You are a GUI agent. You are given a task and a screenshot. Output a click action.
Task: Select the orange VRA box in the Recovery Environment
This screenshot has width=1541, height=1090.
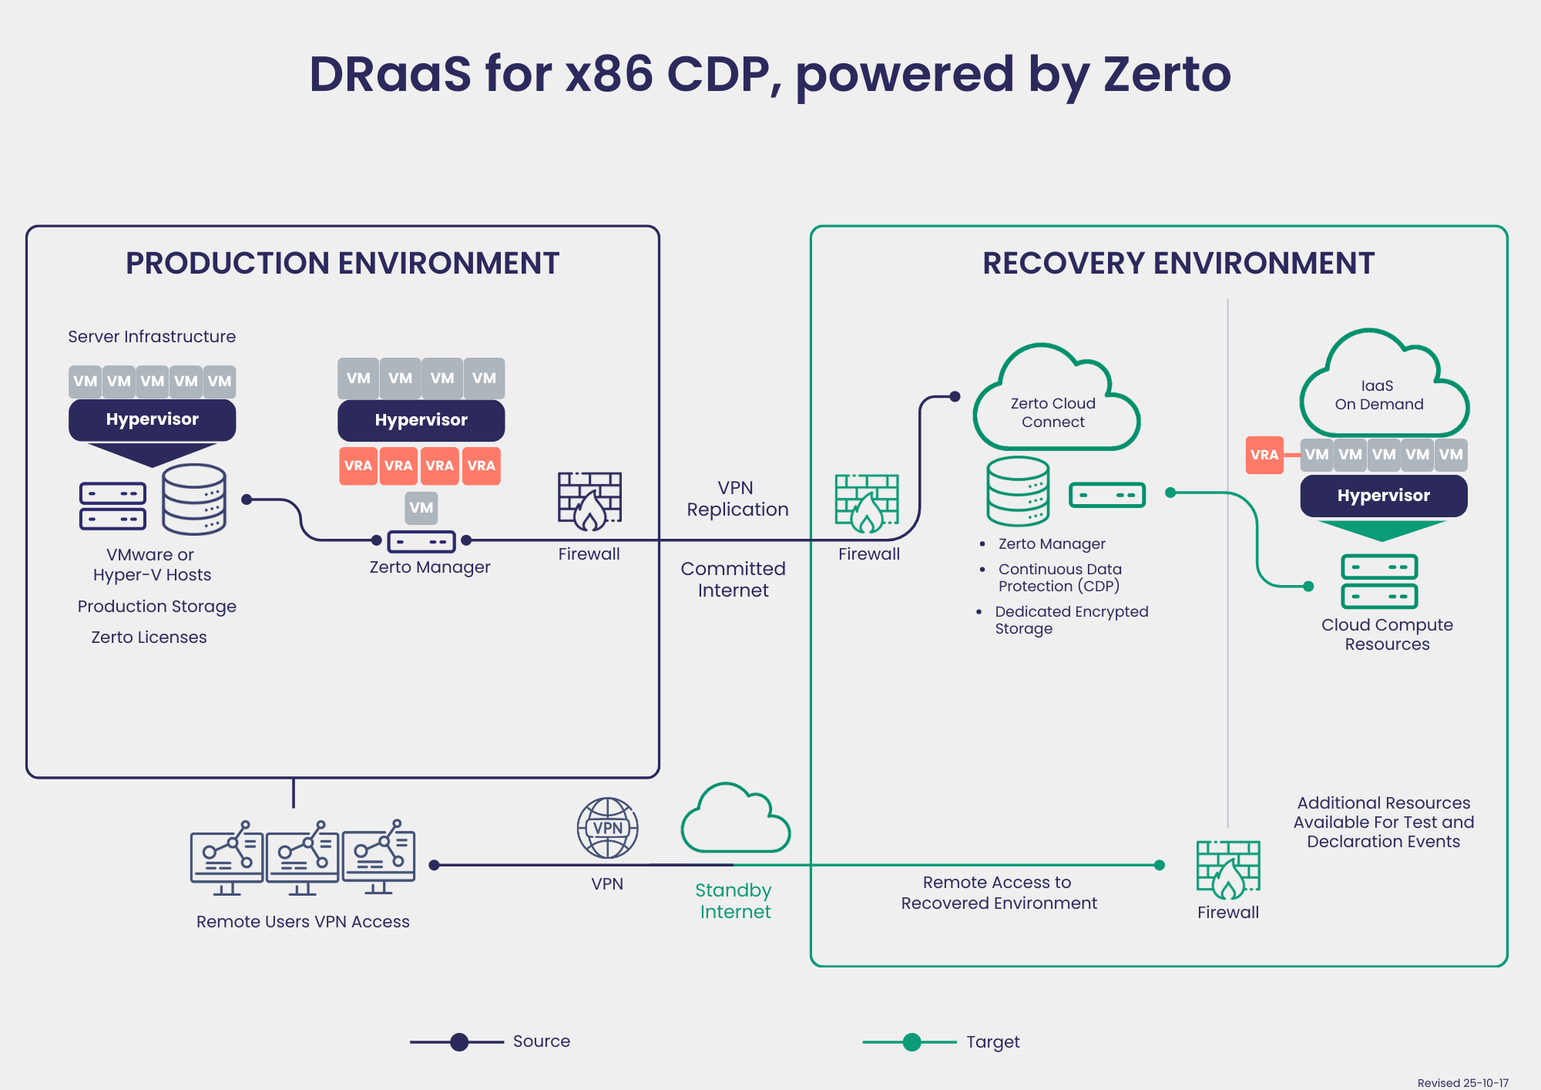[x=1264, y=455]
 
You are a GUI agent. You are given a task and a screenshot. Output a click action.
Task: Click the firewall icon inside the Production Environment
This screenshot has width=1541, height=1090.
[x=589, y=501]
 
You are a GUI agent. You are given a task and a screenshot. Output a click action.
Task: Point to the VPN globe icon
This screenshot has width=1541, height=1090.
[x=607, y=828]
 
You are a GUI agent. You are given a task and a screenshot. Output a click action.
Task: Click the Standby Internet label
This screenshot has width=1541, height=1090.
[x=734, y=900]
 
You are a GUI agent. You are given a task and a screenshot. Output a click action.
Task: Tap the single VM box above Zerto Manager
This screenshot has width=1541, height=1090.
[x=421, y=507]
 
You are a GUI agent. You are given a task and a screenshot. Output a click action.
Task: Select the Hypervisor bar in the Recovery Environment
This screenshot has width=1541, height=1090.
[x=1383, y=496]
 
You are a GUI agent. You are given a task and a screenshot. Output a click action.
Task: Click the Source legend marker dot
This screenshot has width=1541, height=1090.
[x=459, y=1042]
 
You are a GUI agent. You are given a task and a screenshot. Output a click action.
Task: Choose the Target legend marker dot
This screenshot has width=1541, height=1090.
[x=912, y=1042]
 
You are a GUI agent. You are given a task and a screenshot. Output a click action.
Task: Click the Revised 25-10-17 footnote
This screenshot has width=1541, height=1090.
[x=1462, y=1082]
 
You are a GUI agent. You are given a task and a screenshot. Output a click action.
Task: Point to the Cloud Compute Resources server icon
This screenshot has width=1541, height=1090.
[x=1379, y=581]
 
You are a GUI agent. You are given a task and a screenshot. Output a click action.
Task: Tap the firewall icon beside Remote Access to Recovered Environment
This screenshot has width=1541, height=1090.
[x=1228, y=870]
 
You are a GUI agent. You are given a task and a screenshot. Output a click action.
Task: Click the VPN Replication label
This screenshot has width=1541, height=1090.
[x=737, y=499]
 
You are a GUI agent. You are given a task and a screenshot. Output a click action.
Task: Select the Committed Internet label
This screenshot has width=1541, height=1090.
[x=734, y=579]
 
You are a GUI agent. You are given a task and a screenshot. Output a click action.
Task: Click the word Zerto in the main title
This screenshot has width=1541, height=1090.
[x=1167, y=75]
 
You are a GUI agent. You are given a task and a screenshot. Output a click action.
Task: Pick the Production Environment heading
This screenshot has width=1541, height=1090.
[x=342, y=264]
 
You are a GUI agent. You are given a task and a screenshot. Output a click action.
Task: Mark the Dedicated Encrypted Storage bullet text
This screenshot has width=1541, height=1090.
[x=1071, y=620]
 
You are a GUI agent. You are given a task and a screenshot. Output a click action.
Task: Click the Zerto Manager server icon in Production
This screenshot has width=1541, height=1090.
[x=421, y=541]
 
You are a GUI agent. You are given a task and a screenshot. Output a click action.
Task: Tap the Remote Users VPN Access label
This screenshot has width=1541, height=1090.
[x=303, y=921]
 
